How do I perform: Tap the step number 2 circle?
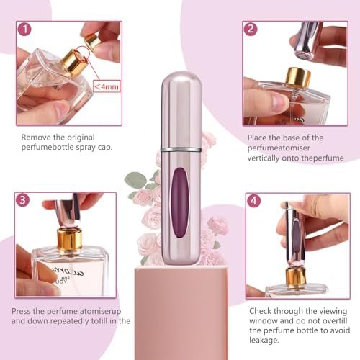click(251, 30)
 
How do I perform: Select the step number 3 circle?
click(24, 200)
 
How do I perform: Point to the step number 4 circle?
click(253, 201)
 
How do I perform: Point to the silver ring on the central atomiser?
click(179, 150)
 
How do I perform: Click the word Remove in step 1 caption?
click(37, 137)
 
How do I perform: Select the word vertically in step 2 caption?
click(266, 157)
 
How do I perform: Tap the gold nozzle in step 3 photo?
click(70, 238)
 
